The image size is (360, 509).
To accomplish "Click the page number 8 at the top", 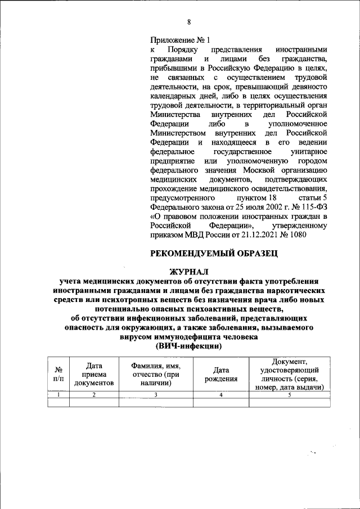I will coord(189,22).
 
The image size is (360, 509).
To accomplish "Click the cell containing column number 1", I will coord(58,395).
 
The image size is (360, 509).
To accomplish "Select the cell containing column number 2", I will coord(93,395).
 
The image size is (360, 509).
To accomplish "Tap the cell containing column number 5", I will coord(289,395).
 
